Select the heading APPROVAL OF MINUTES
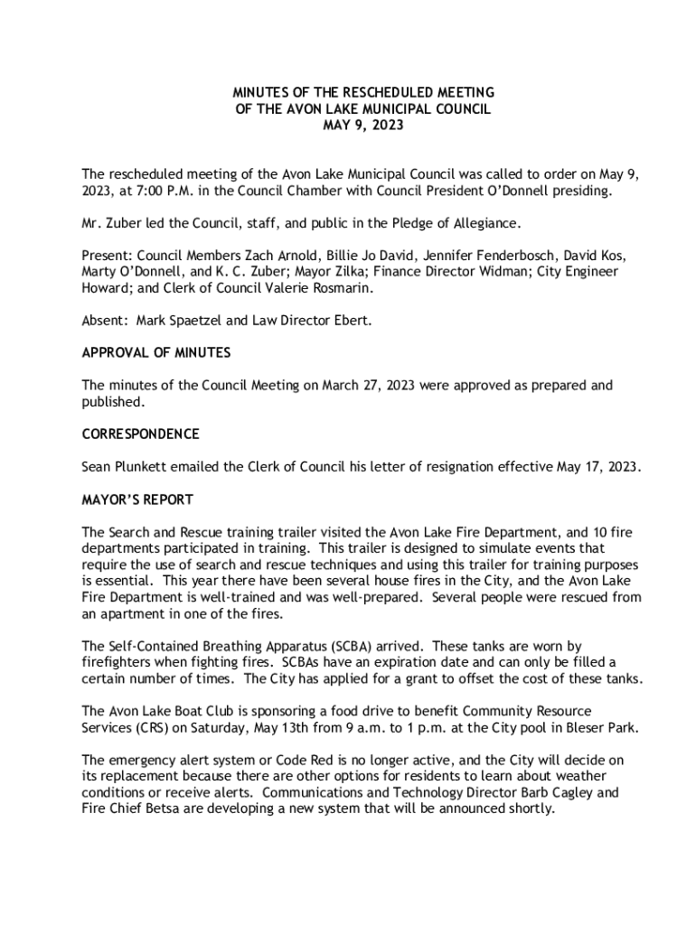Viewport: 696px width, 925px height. (155, 352)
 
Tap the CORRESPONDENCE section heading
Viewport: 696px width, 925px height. (140, 434)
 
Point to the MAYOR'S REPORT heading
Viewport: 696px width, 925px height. (137, 500)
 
